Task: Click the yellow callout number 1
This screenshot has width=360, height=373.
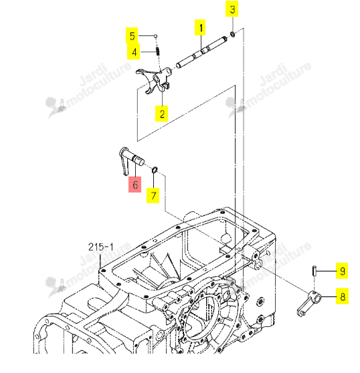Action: (200, 27)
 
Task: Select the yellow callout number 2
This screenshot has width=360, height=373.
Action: (162, 114)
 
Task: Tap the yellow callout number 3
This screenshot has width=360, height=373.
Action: (232, 9)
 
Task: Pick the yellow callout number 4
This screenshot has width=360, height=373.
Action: (134, 51)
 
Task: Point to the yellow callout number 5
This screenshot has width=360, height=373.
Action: (132, 35)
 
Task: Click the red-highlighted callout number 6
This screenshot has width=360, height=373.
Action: (135, 184)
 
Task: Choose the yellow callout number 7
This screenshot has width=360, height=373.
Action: (153, 196)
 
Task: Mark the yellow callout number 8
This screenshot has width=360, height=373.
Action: (343, 296)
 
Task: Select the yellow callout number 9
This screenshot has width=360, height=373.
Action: (342, 271)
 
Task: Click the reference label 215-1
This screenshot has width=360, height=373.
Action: (101, 247)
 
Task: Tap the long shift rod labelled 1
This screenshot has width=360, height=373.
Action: (201, 52)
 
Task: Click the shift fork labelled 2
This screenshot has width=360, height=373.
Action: (155, 80)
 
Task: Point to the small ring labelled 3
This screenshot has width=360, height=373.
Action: (233, 34)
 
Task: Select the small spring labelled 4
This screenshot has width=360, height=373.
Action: (158, 51)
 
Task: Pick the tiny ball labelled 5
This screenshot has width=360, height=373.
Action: (155, 36)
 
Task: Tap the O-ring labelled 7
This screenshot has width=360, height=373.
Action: (155, 170)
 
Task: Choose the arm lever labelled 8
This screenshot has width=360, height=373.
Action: (309, 303)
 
